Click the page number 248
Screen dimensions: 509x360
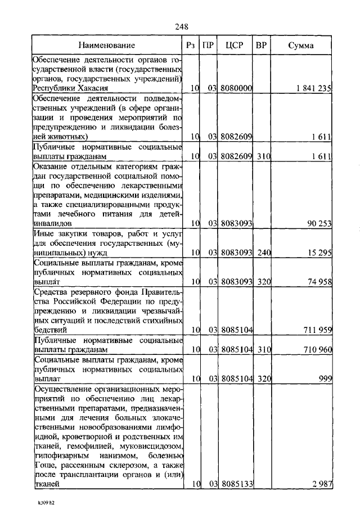[181, 26]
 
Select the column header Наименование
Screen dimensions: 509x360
[107, 45]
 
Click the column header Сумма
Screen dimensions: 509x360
[301, 45]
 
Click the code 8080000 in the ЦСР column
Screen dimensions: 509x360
[236, 88]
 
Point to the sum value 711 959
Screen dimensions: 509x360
[317, 329]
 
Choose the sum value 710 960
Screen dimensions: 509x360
[317, 349]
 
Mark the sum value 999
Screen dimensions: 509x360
[325, 379]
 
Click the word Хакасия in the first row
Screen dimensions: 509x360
[91, 88]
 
